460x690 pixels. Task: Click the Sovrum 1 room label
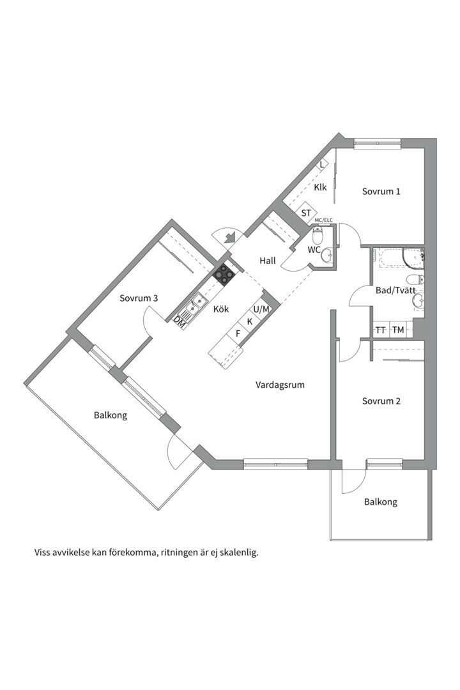pos(381,191)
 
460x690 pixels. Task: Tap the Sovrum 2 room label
pos(381,401)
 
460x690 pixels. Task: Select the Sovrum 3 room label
pos(139,298)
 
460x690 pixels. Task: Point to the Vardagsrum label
pos(280,385)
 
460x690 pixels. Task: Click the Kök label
pos(221,309)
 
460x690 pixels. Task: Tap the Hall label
pos(268,261)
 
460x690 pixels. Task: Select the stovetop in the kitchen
pos(224,274)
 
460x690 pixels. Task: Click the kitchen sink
pos(194,305)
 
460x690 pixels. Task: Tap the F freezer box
pos(238,333)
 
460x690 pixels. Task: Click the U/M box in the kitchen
pos(262,309)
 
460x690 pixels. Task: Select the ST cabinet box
pos(306,213)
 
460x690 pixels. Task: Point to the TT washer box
pos(381,330)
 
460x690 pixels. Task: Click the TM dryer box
pos(398,330)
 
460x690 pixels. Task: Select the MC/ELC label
pos(324,220)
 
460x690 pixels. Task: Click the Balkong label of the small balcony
pos(381,502)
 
